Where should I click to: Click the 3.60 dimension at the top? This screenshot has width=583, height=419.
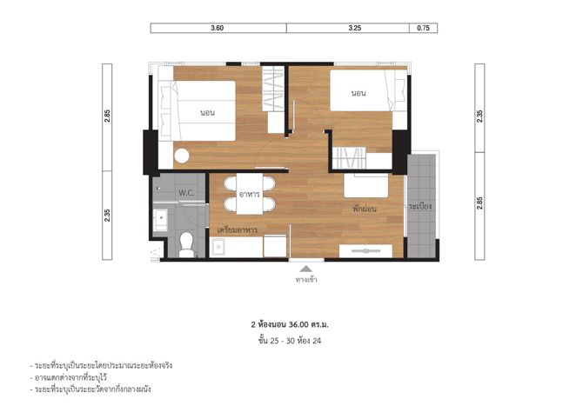218,28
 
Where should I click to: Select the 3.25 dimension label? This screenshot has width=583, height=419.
355,28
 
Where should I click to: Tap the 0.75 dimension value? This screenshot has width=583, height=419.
423,28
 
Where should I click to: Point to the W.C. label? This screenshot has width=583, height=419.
186,193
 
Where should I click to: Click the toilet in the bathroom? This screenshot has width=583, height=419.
186,244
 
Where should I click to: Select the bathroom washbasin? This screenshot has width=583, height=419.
160,220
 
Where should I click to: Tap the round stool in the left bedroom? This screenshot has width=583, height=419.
182,156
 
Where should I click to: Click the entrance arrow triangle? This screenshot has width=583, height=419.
306,269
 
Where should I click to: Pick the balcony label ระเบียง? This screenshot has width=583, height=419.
420,206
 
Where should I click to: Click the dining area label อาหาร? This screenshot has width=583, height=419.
249,194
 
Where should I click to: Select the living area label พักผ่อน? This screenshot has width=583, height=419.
365,209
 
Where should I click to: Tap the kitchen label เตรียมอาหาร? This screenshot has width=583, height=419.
238,230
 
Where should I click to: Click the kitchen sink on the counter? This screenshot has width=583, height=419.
218,247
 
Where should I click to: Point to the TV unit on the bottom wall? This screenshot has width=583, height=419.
365,251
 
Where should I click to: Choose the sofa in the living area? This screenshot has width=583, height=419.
366,186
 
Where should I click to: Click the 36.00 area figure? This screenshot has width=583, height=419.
298,324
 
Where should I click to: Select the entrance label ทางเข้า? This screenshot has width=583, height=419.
306,279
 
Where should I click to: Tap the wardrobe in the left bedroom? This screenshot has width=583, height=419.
273,89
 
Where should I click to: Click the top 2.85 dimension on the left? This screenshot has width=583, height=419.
107,116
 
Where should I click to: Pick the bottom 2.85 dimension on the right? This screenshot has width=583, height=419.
479,203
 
